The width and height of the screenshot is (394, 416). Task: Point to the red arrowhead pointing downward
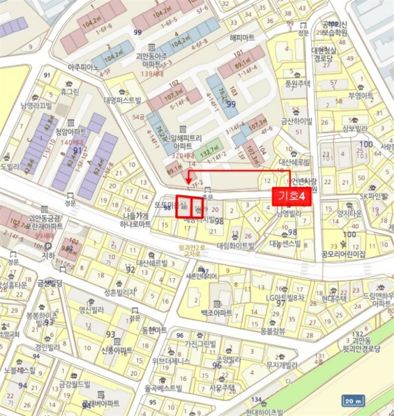(x=188, y=179)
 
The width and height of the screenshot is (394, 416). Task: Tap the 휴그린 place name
(x=70, y=93)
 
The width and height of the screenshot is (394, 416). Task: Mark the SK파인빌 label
(x=371, y=196)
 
